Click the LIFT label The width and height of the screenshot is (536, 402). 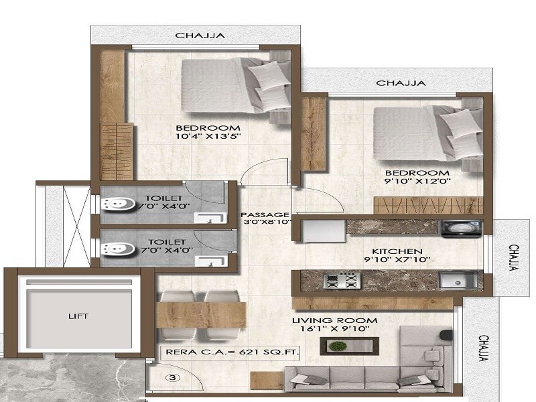click(x=78, y=316)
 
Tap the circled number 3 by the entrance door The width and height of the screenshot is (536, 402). click(x=174, y=378)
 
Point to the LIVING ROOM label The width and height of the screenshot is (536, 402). click(x=334, y=320)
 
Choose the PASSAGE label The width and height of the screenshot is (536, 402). click(x=265, y=214)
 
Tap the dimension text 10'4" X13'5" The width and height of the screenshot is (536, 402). click(x=208, y=137)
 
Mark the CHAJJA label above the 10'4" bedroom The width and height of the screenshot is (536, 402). click(x=199, y=36)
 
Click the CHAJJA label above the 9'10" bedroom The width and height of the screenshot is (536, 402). click(x=400, y=83)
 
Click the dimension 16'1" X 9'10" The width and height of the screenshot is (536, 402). click(x=334, y=330)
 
